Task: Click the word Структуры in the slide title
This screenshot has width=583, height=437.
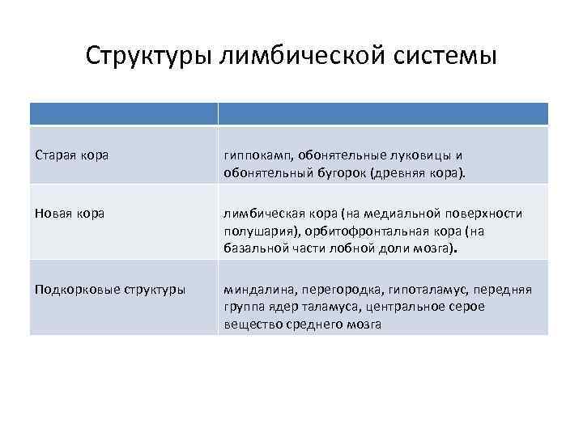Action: coord(148,57)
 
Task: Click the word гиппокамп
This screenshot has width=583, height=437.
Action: coord(258,154)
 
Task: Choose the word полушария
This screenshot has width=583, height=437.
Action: coord(256,231)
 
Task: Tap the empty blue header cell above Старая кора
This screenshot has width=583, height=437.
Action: coord(124,113)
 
